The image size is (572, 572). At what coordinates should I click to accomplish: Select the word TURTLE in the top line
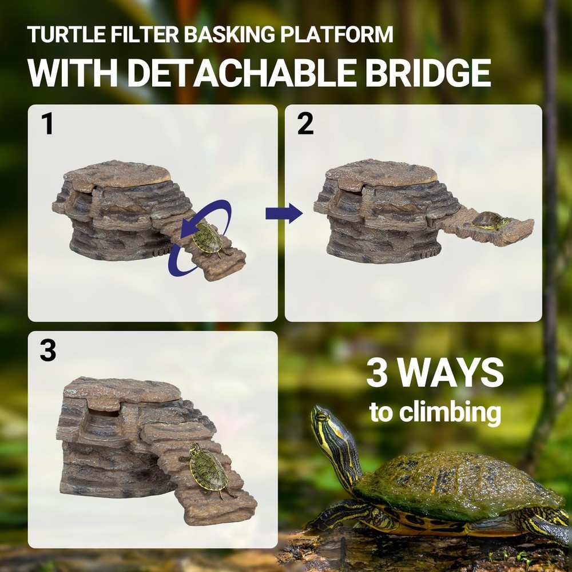tap(60, 34)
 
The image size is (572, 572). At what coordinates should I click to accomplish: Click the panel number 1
tap(47, 124)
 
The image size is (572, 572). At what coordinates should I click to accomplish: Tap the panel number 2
tap(305, 124)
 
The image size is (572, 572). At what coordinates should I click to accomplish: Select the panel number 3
tap(48, 351)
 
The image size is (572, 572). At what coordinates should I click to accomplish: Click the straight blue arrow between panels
tap(284, 213)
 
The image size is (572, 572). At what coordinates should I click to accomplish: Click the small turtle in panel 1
tap(207, 239)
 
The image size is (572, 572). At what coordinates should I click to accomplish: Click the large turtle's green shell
tap(452, 480)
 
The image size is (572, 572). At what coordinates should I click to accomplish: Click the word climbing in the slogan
tap(452, 412)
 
